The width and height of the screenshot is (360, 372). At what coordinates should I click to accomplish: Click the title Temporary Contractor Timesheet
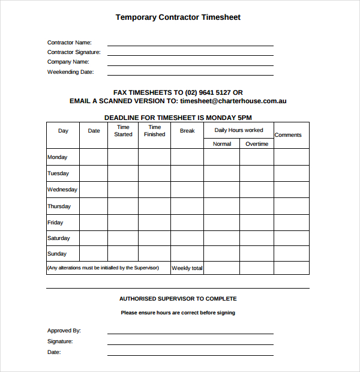[178, 17]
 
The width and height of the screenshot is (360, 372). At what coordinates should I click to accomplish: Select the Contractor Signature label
[74, 52]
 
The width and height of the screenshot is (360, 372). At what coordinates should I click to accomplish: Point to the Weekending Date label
[70, 72]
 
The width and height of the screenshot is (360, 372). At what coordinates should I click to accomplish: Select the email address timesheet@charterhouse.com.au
[233, 101]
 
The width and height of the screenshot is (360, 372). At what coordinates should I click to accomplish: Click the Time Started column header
[123, 131]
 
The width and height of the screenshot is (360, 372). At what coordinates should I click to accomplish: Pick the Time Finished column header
[154, 131]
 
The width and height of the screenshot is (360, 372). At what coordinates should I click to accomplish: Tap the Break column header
[187, 131]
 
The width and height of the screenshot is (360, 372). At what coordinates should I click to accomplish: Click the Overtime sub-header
[257, 144]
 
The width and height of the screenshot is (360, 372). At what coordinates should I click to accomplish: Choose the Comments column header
[288, 135]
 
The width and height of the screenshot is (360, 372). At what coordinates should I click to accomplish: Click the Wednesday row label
[62, 190]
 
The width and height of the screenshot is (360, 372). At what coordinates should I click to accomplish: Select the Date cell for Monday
[94, 157]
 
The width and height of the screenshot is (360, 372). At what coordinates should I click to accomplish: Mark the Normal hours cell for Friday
[221, 223]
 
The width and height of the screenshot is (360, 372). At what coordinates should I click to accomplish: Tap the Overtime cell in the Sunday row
[257, 254]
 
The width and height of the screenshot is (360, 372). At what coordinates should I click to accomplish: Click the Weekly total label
[187, 268]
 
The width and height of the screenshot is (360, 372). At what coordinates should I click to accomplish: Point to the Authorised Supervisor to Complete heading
[178, 299]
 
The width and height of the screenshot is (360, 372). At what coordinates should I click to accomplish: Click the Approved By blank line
[190, 332]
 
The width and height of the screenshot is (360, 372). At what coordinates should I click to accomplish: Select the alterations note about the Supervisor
[103, 268]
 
